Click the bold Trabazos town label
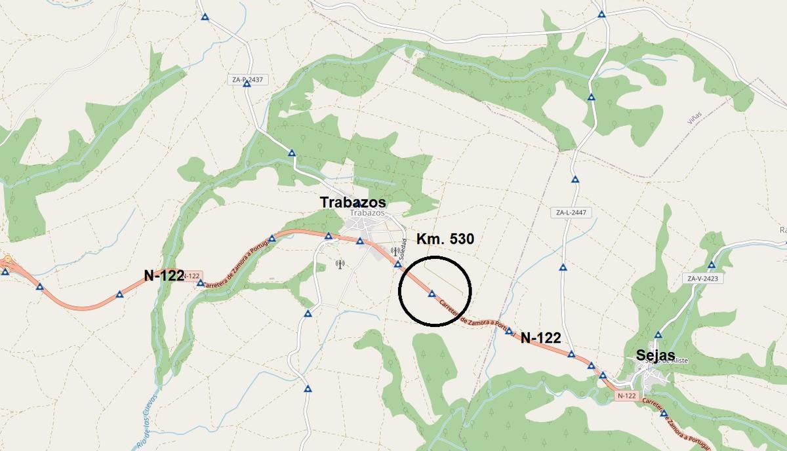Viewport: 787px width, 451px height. tap(352, 202)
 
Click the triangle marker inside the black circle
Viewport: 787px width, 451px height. tap(432, 294)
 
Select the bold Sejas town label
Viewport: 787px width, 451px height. tap(656, 355)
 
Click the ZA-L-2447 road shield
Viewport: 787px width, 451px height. tap(570, 212)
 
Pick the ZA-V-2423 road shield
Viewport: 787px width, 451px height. tap(702, 278)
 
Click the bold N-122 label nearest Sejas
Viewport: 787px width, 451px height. tap(540, 338)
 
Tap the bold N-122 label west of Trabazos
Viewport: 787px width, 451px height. tap(163, 276)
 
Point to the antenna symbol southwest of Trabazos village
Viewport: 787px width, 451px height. tap(340, 264)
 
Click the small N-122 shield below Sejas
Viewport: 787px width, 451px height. tap(626, 396)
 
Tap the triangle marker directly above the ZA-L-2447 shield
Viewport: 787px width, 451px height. tap(575, 179)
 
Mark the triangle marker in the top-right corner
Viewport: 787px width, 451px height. tap(601, 14)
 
